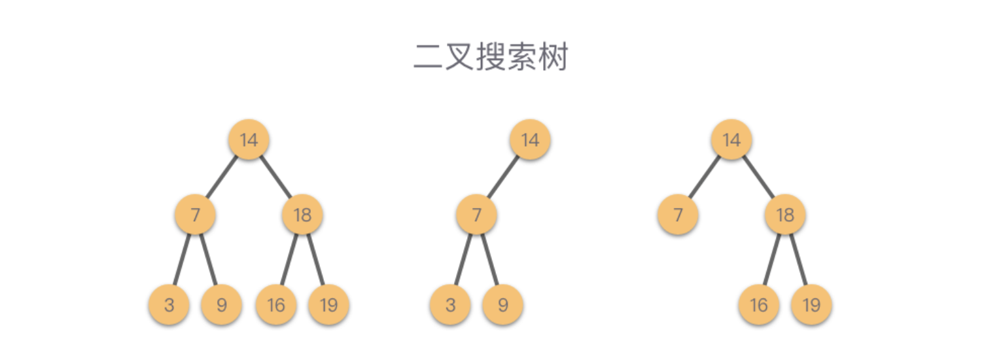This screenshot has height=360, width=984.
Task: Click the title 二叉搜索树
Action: point(491,58)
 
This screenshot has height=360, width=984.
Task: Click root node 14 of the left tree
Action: point(249,139)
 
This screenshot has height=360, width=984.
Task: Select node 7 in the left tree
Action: point(195,215)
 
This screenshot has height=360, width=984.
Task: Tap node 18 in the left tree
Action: point(302,215)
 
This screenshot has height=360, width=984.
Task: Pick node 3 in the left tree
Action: point(169,305)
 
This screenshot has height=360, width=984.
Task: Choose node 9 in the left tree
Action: point(221,305)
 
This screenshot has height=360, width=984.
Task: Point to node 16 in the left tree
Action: point(276,305)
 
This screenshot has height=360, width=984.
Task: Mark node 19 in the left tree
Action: point(328,305)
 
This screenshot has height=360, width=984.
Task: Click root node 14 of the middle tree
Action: point(530,139)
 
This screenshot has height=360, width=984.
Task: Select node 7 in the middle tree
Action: point(476,215)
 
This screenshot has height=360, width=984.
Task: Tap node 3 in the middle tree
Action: point(450,305)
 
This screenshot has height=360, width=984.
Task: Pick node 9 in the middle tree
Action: point(502,305)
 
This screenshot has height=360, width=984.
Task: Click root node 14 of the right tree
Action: point(731,139)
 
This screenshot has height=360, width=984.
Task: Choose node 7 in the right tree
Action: point(678,215)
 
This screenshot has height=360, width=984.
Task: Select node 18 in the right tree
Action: point(785,215)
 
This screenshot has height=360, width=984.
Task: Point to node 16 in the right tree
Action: point(759,305)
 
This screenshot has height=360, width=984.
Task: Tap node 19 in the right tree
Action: point(811,305)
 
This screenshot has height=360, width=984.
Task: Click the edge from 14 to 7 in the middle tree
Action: point(503,177)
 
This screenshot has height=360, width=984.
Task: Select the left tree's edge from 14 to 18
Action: point(275,177)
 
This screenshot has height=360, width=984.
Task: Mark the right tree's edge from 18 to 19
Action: point(798,260)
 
